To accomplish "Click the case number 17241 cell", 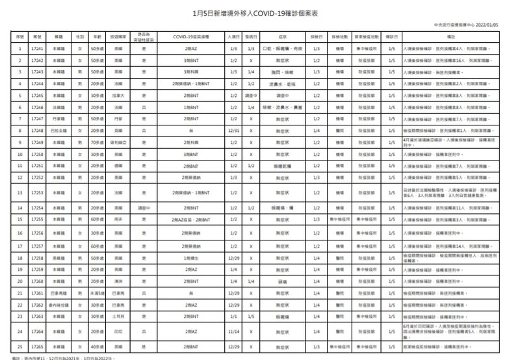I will (37, 49).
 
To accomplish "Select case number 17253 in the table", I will (37, 193).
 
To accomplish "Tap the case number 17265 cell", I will (37, 348).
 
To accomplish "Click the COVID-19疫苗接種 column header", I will (190, 37).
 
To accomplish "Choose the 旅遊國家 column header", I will (117, 37).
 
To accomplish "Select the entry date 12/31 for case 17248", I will (233, 130).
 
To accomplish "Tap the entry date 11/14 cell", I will (233, 331).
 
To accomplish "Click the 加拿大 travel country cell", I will (117, 95).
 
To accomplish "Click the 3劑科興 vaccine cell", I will (190, 71).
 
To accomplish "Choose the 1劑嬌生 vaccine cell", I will (190, 258).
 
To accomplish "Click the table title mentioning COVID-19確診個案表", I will (253, 12).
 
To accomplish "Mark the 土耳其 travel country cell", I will (117, 316).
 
